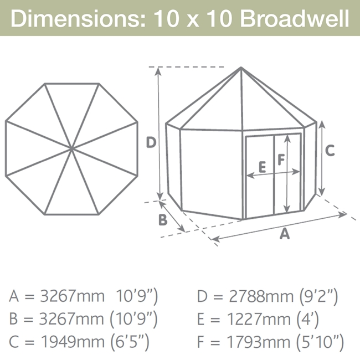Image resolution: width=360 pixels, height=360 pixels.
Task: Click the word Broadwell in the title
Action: (295, 18)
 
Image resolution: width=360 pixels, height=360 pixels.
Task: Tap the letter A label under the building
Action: (285, 234)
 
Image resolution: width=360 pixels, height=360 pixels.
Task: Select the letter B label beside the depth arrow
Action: (163, 220)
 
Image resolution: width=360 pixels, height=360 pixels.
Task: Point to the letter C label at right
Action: (330, 151)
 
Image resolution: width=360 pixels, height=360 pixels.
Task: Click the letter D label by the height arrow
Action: (151, 142)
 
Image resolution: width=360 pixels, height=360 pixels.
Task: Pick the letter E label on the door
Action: (262, 167)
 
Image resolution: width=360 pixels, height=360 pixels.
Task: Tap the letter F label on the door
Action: (281, 160)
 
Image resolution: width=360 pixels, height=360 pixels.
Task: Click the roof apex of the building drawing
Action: (241, 68)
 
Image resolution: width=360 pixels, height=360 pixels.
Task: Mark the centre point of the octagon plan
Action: (71, 149)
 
